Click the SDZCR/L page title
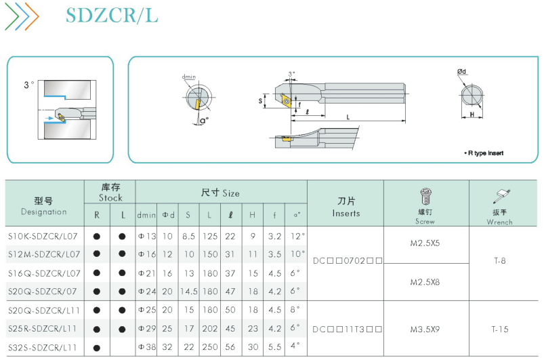[x=112, y=16]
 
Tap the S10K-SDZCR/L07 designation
[x=43, y=237]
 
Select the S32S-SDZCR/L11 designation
[x=42, y=348]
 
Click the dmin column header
[x=146, y=215]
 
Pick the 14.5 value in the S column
[x=189, y=292]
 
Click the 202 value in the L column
[x=210, y=328]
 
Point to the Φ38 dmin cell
[x=147, y=347]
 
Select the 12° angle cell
[x=297, y=237]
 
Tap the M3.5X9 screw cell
[x=425, y=329]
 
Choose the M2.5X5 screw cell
[x=425, y=243]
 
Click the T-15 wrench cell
[x=500, y=329]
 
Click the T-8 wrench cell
[x=500, y=261]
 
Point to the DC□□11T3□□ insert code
[x=348, y=329]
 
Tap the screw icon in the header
[x=425, y=197]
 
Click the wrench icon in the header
[x=501, y=196]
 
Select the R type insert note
[x=484, y=153]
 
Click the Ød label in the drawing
[x=461, y=71]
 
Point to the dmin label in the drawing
[x=189, y=77]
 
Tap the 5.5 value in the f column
[x=274, y=347]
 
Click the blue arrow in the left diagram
[x=49, y=119]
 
